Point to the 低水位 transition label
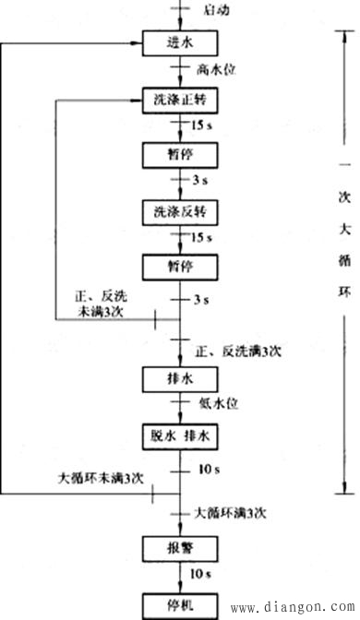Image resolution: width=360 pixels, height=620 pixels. [217, 403]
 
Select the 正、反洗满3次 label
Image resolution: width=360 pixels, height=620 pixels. [239, 352]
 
